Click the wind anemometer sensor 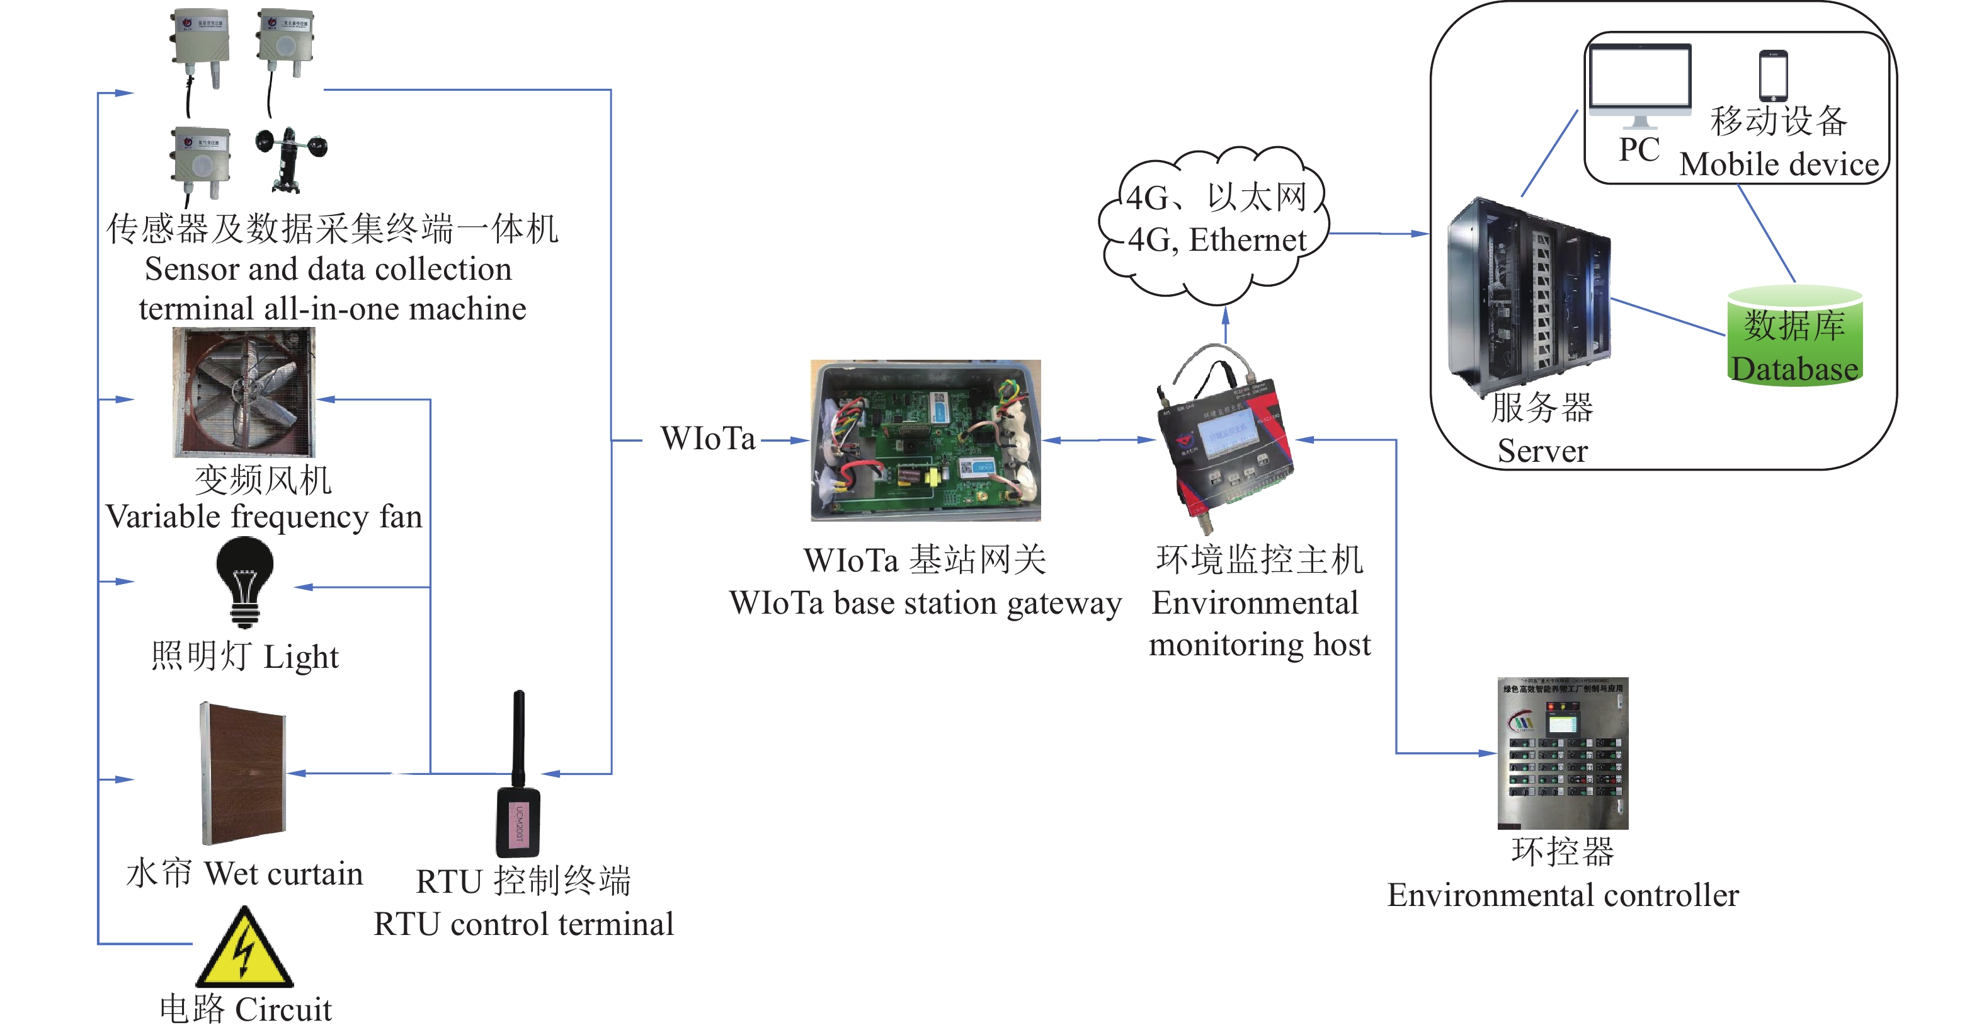tap(291, 159)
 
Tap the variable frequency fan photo tap(244, 392)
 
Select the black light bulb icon tap(245, 582)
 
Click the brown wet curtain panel tap(243, 772)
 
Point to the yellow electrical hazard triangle tap(245, 949)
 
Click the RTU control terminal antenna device tap(518, 778)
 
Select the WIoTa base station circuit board tap(926, 440)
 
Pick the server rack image tap(1529, 297)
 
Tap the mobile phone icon tap(1774, 76)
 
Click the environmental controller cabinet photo tap(1563, 752)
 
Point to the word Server tap(1542, 451)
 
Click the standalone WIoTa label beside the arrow tap(708, 439)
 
